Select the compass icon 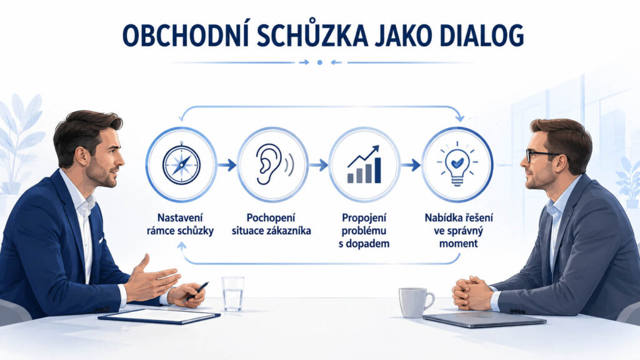tap(181, 164)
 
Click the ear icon tap(274, 164)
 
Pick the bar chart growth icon tap(364, 164)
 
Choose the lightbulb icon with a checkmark tap(457, 164)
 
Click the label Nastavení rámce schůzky tap(180, 224)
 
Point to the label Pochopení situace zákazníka tap(271, 224)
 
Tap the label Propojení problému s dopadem tap(364, 231)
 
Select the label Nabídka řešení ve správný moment tap(459, 231)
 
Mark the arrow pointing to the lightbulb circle tap(411, 165)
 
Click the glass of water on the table tap(233, 294)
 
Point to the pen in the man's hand tap(196, 292)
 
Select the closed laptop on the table tap(484, 319)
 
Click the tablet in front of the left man tap(159, 316)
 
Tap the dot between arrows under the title tap(319, 62)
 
